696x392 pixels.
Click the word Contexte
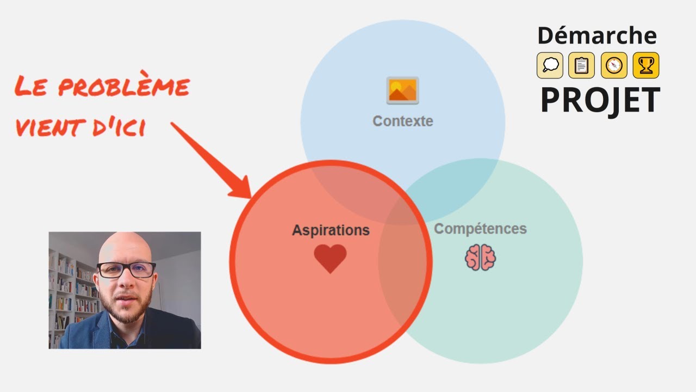click(403, 121)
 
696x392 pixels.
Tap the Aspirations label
click(331, 230)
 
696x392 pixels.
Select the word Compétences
click(480, 229)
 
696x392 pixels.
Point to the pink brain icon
click(480, 258)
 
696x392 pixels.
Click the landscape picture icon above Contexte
click(403, 90)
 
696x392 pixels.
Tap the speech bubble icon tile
click(550, 65)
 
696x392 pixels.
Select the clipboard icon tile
click(581, 65)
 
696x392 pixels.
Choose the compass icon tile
click(614, 65)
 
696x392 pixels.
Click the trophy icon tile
click(646, 65)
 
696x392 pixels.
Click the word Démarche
click(597, 35)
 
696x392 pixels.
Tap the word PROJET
click(600, 100)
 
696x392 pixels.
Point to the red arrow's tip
click(251, 198)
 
